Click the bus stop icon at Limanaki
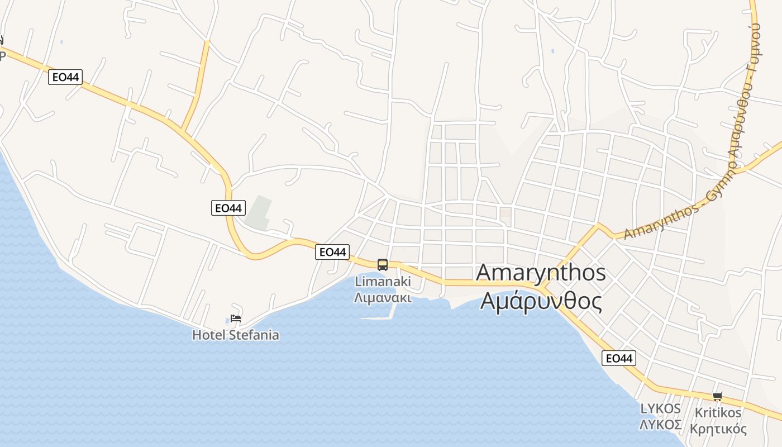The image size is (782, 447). pyautogui.click(x=382, y=264)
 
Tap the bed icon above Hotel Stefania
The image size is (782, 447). pyautogui.click(x=236, y=318)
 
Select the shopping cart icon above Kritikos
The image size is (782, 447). pyautogui.click(x=717, y=396)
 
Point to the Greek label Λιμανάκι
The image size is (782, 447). pyautogui.click(x=383, y=297)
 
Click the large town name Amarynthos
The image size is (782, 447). pyautogui.click(x=541, y=273)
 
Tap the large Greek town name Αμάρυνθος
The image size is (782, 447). pyautogui.click(x=541, y=301)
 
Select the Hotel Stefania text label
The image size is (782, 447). pyautogui.click(x=235, y=335)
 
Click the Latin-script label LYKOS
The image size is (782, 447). pyautogui.click(x=661, y=408)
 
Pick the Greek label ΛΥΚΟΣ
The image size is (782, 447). pyautogui.click(x=661, y=425)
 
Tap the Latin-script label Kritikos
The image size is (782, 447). pyautogui.click(x=718, y=413)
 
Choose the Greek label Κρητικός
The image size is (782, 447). pyautogui.click(x=718, y=429)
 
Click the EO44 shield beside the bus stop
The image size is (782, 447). pyautogui.click(x=332, y=252)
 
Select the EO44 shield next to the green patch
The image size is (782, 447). pyautogui.click(x=228, y=208)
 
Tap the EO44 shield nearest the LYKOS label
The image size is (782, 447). pyautogui.click(x=619, y=358)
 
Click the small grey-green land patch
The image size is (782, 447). pyautogui.click(x=259, y=213)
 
